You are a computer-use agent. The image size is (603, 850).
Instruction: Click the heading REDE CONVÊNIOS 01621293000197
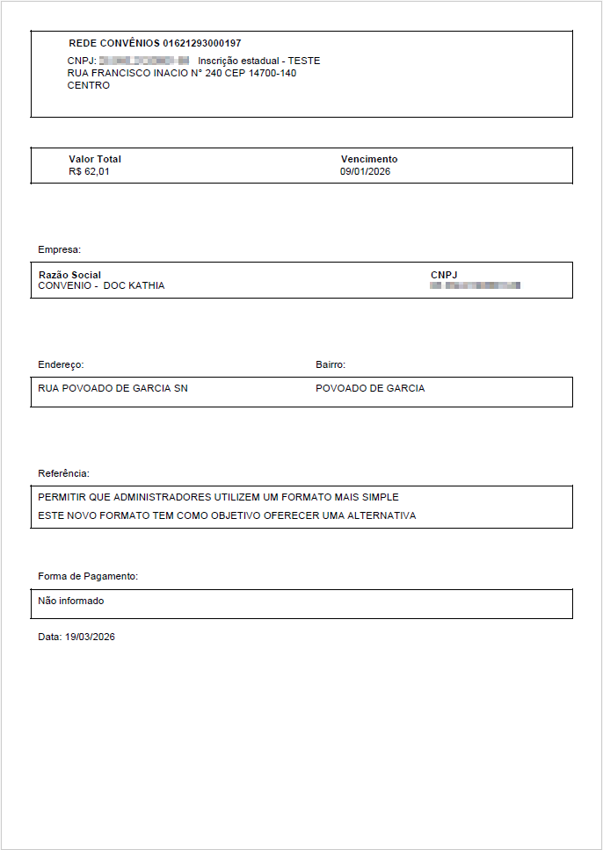pyautogui.click(x=155, y=43)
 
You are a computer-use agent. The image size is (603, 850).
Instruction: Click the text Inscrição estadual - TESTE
pyautogui.click(x=259, y=61)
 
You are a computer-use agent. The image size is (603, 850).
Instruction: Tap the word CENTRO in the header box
pyautogui.click(x=89, y=85)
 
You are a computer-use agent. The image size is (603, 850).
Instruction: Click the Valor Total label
pyautogui.click(x=95, y=159)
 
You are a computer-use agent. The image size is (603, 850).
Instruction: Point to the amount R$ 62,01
pyautogui.click(x=89, y=171)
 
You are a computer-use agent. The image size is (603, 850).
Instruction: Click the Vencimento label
pyautogui.click(x=369, y=159)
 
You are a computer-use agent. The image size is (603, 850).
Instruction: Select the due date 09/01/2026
pyautogui.click(x=366, y=171)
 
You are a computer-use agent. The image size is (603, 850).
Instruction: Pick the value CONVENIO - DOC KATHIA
pyautogui.click(x=102, y=286)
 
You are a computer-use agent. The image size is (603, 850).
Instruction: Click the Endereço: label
pyautogui.click(x=61, y=364)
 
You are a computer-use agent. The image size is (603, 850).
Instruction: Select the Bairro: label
pyautogui.click(x=331, y=364)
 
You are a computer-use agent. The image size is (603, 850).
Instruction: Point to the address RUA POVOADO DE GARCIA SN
pyautogui.click(x=113, y=388)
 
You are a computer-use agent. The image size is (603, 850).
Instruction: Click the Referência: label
pyautogui.click(x=63, y=473)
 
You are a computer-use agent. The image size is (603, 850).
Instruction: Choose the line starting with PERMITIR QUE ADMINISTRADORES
pyautogui.click(x=219, y=497)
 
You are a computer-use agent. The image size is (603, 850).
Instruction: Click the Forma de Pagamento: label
pyautogui.click(x=89, y=576)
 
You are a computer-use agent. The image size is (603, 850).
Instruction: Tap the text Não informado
pyautogui.click(x=71, y=601)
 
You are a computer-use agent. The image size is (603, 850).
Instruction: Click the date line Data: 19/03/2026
pyautogui.click(x=76, y=637)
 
